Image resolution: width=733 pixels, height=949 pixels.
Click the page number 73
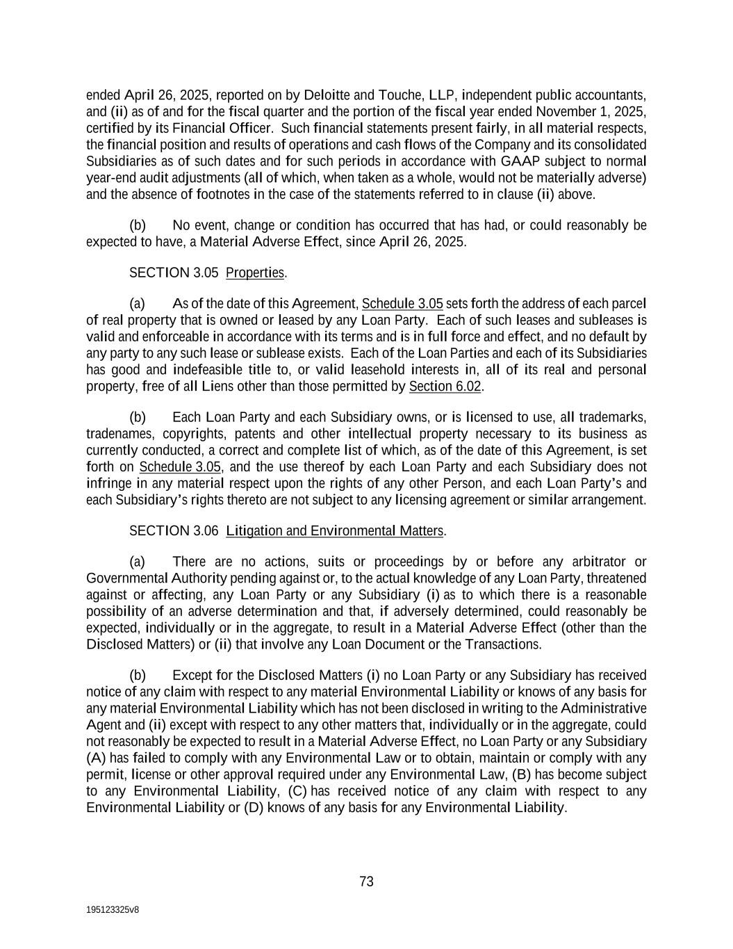click(x=366, y=882)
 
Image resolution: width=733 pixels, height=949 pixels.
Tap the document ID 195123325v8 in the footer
click(x=113, y=909)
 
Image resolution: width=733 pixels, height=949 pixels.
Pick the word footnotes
click(x=221, y=194)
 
